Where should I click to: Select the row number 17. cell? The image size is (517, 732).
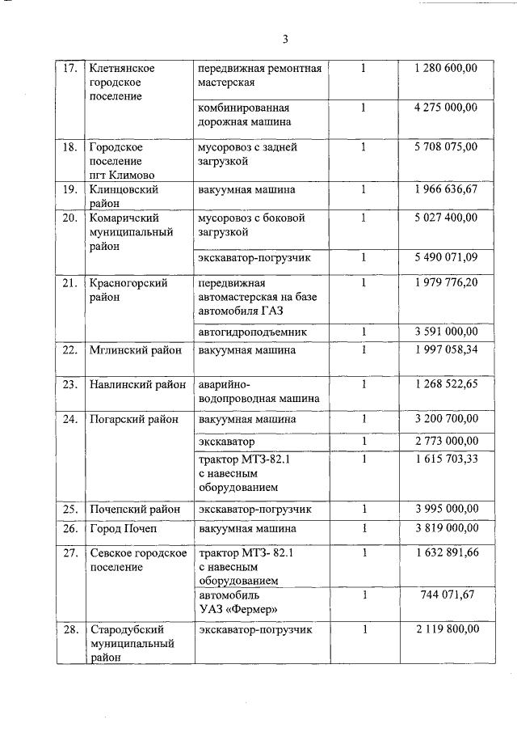[70, 68]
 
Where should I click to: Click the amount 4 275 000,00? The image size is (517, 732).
[445, 108]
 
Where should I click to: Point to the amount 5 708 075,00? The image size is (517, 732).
[445, 147]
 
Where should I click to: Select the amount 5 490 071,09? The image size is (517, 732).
[445, 257]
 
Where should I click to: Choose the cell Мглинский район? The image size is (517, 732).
[136, 350]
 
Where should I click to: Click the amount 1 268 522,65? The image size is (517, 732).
[445, 384]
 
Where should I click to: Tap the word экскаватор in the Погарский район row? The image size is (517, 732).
[226, 442]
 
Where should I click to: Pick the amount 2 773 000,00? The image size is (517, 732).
[445, 442]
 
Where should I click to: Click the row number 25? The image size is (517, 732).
[70, 509]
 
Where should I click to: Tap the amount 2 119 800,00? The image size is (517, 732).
[445, 629]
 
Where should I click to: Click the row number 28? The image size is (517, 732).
[70, 629]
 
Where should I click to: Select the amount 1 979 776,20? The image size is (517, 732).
[445, 282]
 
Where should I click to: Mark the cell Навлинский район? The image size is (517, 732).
[137, 384]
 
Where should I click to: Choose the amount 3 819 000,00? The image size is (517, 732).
[445, 528]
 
